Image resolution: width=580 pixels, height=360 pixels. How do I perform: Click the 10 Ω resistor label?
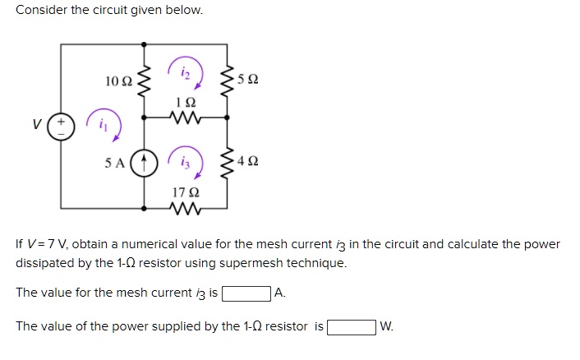(118, 81)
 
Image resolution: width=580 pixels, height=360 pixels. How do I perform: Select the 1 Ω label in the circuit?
(186, 102)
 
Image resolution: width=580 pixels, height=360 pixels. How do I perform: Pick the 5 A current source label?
(116, 161)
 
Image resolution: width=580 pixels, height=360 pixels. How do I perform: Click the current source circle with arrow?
(145, 161)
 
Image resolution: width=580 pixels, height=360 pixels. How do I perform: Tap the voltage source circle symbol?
(63, 127)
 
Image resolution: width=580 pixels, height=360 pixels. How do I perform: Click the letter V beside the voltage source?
(36, 127)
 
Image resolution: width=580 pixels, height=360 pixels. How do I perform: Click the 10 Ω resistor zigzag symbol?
(145, 81)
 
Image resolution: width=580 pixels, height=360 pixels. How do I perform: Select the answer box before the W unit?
(352, 327)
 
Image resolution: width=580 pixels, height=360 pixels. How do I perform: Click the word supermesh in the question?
(277, 264)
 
